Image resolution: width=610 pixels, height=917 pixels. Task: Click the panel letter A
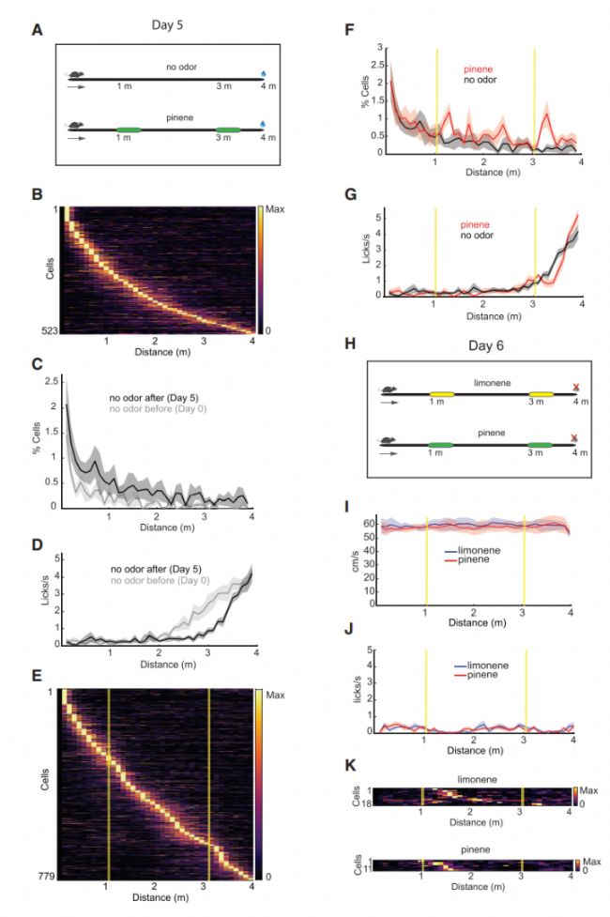point(37,30)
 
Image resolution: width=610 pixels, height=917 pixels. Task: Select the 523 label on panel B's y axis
point(50,331)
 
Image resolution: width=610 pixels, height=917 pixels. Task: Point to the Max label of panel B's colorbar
point(272,205)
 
